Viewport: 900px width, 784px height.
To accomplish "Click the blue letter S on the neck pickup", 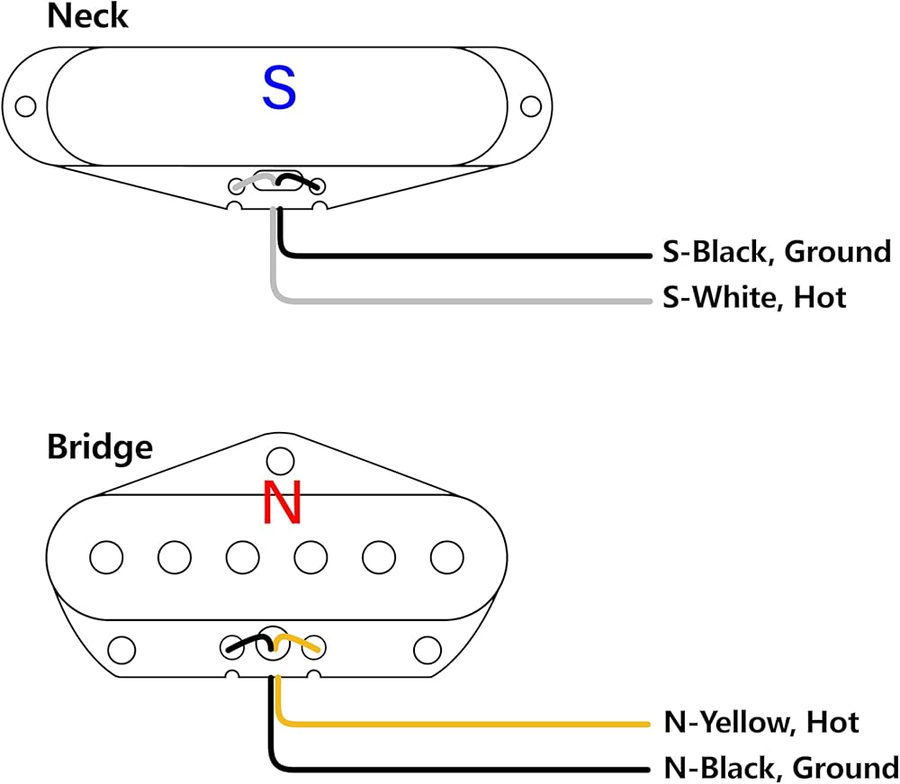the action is coord(279,88).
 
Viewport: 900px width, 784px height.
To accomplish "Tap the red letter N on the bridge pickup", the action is coord(282,501).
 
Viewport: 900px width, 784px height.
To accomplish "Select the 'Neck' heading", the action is coord(87,15).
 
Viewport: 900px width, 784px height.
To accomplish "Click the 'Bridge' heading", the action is coord(100,447).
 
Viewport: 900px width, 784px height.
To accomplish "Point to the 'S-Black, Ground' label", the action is coord(777,252).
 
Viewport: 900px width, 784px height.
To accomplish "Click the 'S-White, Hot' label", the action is coord(754,297).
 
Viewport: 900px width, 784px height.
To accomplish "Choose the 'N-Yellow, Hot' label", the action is coord(761,722).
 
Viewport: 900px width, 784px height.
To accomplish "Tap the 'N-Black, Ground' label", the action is coord(780,768).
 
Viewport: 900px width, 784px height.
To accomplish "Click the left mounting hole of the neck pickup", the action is coord(25,106).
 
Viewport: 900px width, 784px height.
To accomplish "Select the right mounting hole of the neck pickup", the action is coord(530,106).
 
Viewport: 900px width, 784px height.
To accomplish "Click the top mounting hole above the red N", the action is coord(281,461).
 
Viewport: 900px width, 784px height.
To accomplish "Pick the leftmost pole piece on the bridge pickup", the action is coord(106,556).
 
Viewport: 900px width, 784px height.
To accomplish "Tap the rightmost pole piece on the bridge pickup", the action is coord(447,556).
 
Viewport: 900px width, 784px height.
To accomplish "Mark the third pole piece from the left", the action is coord(243,556).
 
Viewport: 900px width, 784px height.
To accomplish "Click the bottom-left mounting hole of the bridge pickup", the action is coord(121,650).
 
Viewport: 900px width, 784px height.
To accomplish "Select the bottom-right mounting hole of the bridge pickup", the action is coord(427,650).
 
